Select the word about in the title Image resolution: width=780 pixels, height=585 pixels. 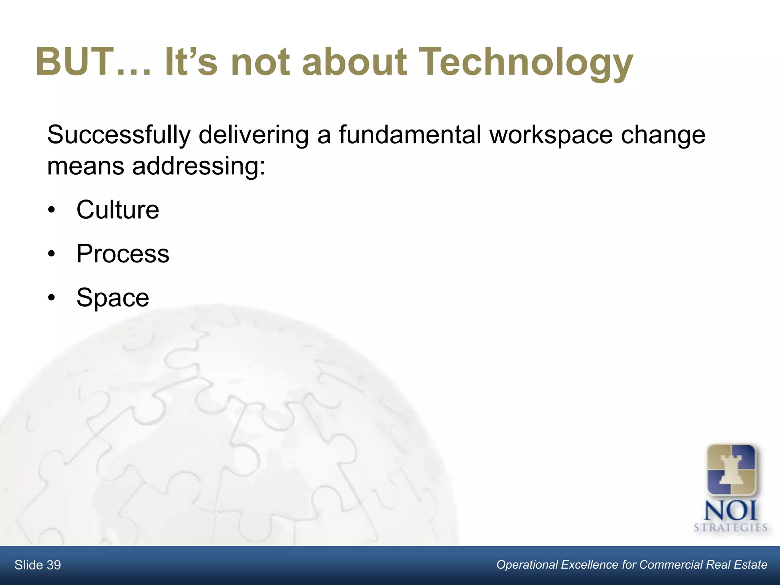point(354,62)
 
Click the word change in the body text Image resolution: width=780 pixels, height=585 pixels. point(663,135)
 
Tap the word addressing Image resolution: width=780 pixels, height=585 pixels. point(198,166)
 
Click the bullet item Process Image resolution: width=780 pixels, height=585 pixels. point(123,254)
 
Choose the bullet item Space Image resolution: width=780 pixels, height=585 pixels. point(113,297)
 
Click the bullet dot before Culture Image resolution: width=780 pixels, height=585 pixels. point(52,210)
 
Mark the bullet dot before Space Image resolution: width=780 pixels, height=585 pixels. point(52,298)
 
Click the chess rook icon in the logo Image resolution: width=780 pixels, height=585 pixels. point(731,471)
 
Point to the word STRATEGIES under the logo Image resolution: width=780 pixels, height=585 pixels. point(730,528)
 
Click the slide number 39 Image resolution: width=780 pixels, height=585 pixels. point(54,565)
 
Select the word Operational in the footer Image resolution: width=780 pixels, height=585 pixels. point(527,565)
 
